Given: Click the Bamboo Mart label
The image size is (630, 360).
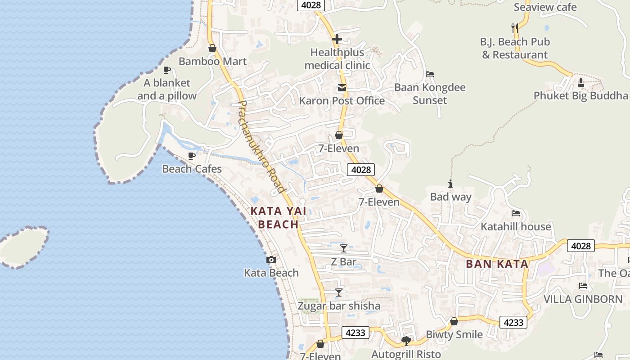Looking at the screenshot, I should [212, 61].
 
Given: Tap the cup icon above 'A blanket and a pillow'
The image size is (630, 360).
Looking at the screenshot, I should [167, 70].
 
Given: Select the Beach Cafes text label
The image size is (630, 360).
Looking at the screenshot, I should [192, 169].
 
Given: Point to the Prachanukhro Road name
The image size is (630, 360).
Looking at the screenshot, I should [261, 147].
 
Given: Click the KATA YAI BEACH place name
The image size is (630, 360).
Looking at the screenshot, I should [274, 218].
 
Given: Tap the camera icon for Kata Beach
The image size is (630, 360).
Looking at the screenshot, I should [271, 260].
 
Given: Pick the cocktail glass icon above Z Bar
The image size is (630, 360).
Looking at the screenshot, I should [344, 248].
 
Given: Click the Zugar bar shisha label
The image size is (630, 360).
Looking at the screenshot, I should [339, 306].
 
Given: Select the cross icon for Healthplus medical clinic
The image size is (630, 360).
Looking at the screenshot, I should [337, 39].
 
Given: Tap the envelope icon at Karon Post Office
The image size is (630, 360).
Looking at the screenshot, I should [342, 88].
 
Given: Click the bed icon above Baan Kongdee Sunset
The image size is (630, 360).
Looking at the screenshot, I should [430, 74].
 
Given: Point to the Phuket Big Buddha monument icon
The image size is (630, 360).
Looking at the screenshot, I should [580, 83].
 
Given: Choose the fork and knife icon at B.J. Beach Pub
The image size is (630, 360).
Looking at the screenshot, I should [515, 28].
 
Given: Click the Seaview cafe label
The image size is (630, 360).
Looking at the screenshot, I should [545, 7].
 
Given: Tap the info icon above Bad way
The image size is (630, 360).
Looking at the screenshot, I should [450, 184].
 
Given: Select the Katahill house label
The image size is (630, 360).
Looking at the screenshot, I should [516, 226].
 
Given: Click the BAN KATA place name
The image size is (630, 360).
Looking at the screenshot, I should [497, 264].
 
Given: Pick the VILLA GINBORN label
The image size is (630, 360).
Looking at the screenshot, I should [583, 299].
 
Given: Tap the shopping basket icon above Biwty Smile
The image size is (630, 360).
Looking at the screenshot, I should [454, 321].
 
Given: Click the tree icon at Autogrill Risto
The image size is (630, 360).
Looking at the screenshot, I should [406, 341].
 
